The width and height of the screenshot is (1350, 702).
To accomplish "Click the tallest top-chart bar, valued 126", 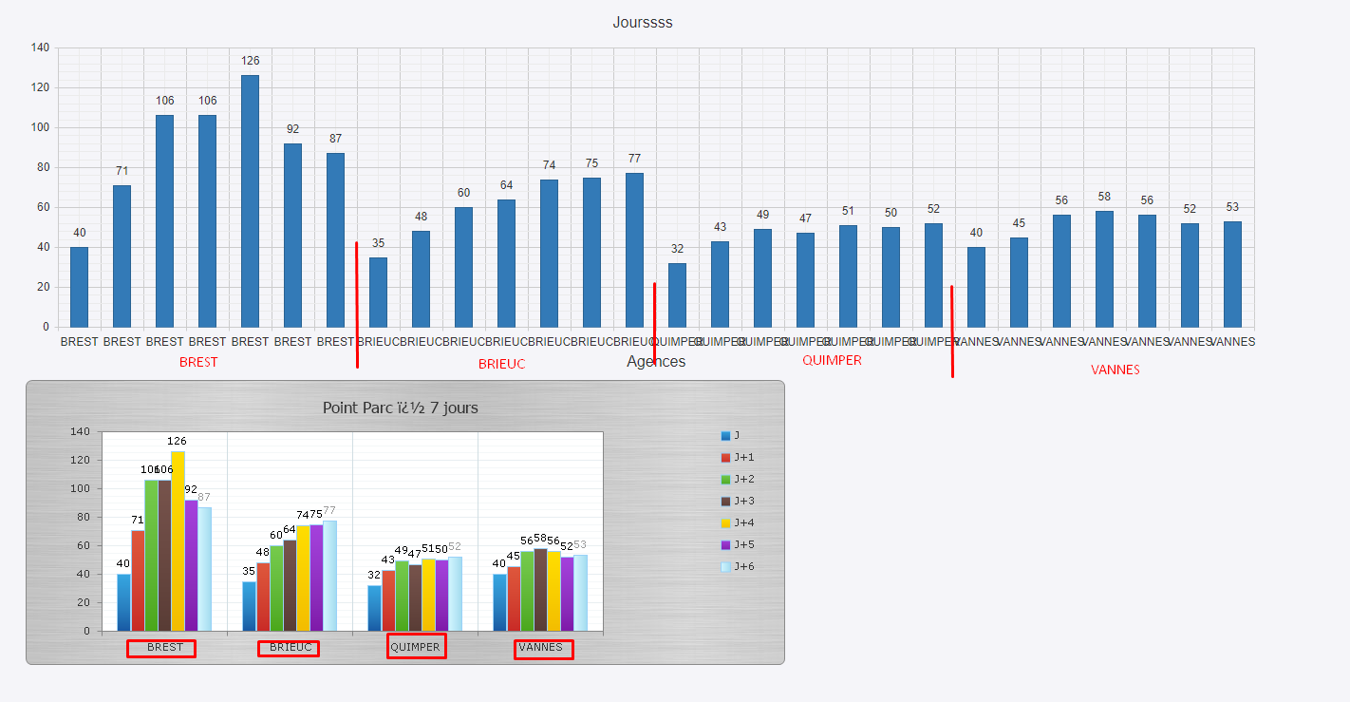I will pyautogui.click(x=250, y=201).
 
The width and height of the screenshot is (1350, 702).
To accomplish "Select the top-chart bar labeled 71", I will pyautogui.click(x=122, y=256).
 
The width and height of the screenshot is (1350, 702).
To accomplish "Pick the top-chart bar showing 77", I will pyautogui.click(x=634, y=250).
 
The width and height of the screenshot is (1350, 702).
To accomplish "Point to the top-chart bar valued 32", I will pyautogui.click(x=677, y=295).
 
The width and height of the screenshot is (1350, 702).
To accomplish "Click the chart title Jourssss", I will pyautogui.click(x=643, y=23).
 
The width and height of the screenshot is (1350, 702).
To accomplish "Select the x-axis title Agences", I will pyautogui.click(x=656, y=362).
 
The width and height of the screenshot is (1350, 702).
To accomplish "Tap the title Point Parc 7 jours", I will pyautogui.click(x=400, y=408).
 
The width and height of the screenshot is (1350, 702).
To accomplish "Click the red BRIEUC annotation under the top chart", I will pyautogui.click(x=501, y=364).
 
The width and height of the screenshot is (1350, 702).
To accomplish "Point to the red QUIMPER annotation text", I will pyautogui.click(x=832, y=360).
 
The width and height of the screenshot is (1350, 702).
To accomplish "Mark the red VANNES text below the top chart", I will pyautogui.click(x=1115, y=370).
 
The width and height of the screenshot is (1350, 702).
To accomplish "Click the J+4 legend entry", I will pyautogui.click(x=737, y=523).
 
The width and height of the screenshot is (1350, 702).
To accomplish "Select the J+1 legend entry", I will pyautogui.click(x=737, y=458).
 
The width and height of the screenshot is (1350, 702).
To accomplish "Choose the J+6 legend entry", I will pyautogui.click(x=737, y=567).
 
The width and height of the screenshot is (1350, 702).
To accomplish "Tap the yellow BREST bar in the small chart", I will pyautogui.click(x=178, y=541).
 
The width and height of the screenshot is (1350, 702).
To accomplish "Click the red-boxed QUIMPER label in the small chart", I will pyautogui.click(x=416, y=647).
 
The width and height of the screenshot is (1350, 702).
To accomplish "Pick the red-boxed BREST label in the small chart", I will pyautogui.click(x=164, y=648).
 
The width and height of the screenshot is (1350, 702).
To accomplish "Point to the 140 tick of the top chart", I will pyautogui.click(x=40, y=47).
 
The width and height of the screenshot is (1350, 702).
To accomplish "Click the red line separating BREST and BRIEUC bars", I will pyautogui.click(x=357, y=304).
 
